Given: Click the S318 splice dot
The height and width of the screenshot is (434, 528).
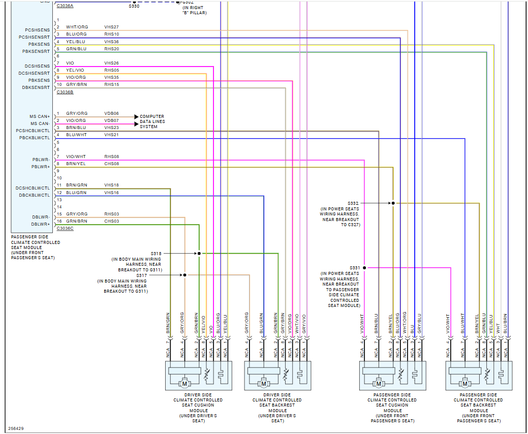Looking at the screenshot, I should tap(199, 253).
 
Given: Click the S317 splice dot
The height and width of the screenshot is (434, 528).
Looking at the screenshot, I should tap(184, 275).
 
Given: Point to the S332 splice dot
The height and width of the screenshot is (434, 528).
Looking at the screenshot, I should tap(393, 203).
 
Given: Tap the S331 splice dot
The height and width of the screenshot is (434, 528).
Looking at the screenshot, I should tap(364, 268).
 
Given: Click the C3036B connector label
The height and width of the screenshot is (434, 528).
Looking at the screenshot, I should tap(65, 92).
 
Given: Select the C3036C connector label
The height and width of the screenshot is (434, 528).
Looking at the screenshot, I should tap(65, 228).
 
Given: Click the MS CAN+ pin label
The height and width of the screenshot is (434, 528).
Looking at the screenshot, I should tap(40, 116).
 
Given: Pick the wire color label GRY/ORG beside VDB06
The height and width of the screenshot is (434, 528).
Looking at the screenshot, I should tap(77, 113).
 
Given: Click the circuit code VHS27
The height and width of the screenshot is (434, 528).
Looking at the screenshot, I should tap(111, 26).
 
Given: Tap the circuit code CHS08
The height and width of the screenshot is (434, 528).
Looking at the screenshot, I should tap(111, 164).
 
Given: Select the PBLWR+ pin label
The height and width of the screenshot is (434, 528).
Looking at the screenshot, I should tap(40, 167).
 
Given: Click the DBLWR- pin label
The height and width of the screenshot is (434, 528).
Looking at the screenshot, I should tap(40, 217).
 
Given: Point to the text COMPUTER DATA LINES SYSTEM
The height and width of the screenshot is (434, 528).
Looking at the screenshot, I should tap(152, 121).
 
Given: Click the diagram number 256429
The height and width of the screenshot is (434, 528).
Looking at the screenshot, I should tap(16, 428).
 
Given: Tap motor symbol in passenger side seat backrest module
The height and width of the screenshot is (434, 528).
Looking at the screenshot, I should tap(464, 384).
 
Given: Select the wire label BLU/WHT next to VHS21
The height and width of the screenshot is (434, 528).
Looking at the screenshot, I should tap(76, 135).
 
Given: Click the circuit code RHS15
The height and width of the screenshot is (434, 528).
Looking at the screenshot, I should tap(111, 84).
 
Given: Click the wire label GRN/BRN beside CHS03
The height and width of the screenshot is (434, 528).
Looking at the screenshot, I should tap(76, 221).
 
